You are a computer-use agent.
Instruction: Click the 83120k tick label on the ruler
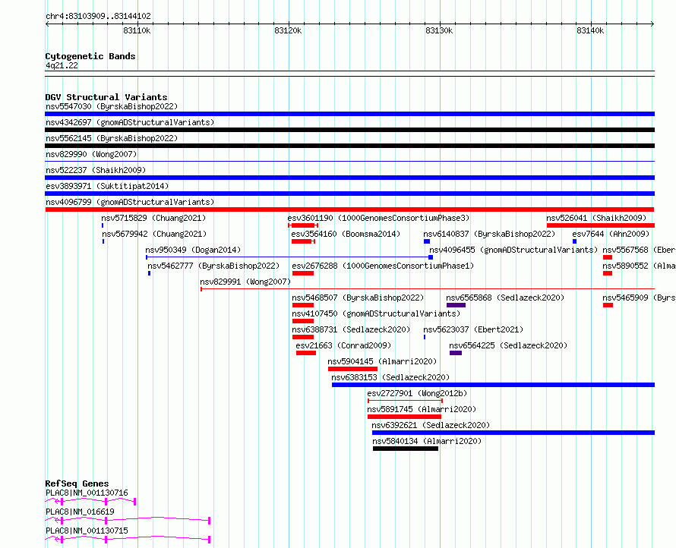(x=288, y=30)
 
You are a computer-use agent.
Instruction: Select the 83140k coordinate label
(x=590, y=30)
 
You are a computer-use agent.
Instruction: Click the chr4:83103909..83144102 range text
(x=98, y=17)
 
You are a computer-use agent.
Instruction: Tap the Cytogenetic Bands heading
(x=90, y=56)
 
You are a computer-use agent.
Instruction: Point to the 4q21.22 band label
(x=62, y=65)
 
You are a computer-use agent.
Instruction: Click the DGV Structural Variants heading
(x=106, y=97)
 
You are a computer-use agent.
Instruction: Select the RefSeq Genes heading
(x=77, y=483)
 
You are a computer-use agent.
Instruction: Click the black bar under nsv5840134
(x=406, y=449)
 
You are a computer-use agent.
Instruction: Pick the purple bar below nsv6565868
(x=456, y=305)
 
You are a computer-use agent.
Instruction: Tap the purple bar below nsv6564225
(x=456, y=353)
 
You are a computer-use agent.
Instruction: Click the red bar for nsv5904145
(x=352, y=369)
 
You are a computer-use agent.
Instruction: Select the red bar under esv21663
(x=306, y=353)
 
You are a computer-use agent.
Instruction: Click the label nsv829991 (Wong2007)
(x=245, y=282)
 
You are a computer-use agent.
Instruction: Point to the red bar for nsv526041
(x=601, y=225)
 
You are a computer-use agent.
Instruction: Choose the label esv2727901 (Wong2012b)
(x=417, y=393)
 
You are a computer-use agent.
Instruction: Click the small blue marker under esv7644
(x=574, y=241)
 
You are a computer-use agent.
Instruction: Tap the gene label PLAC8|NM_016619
(x=80, y=512)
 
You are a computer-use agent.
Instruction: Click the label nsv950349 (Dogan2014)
(x=193, y=250)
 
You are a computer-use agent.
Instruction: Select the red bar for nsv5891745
(x=404, y=417)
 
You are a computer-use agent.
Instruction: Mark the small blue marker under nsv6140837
(x=427, y=241)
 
